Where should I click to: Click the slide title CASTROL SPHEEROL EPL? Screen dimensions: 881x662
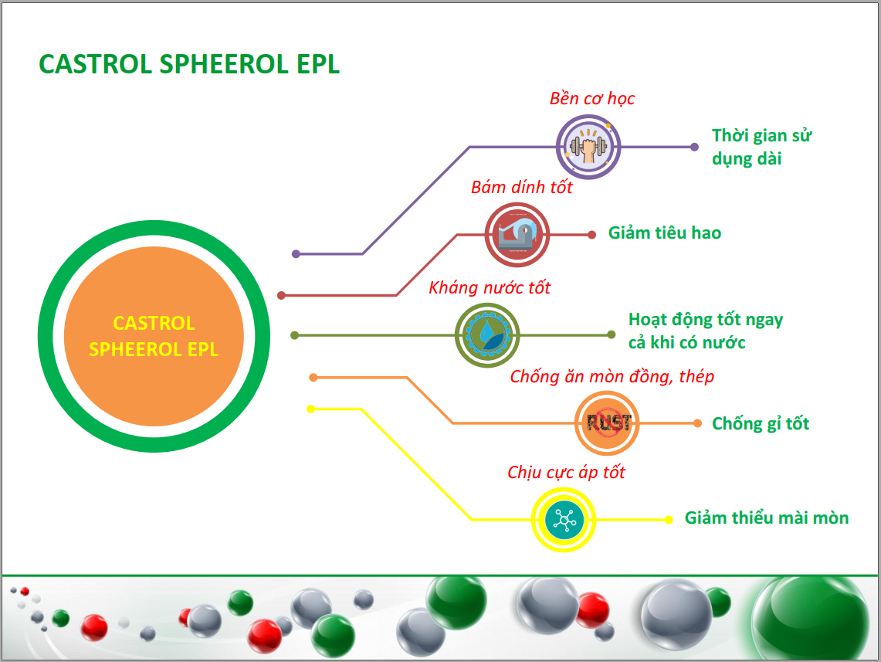click(188, 64)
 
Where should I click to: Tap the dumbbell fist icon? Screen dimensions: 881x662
click(588, 148)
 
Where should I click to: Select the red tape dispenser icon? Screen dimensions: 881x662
click(517, 235)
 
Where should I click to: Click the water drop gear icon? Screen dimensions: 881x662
click(487, 335)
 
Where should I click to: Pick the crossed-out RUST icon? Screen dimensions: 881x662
click(607, 423)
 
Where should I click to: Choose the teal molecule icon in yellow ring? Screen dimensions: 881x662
click(564, 520)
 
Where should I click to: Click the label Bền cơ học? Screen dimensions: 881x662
click(592, 98)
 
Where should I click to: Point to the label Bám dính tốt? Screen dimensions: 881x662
click(521, 187)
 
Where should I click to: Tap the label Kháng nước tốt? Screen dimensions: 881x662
click(490, 287)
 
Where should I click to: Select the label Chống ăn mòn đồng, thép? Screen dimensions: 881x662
click(612, 376)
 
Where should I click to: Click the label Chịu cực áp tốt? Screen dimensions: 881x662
click(566, 472)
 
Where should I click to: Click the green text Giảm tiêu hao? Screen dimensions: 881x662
click(665, 233)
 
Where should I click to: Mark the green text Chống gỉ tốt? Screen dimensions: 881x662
click(761, 424)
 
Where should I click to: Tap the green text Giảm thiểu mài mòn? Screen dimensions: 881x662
click(767, 518)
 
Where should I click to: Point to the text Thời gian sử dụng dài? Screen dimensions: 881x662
click(761, 148)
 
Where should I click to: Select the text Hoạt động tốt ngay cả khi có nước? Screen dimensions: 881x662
click(705, 331)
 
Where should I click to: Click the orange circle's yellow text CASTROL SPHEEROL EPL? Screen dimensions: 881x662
click(154, 336)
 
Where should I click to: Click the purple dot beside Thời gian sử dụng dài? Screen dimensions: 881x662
click(694, 148)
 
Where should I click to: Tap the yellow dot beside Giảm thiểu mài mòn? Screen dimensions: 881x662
click(669, 520)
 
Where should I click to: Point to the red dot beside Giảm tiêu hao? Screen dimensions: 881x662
click(591, 235)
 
